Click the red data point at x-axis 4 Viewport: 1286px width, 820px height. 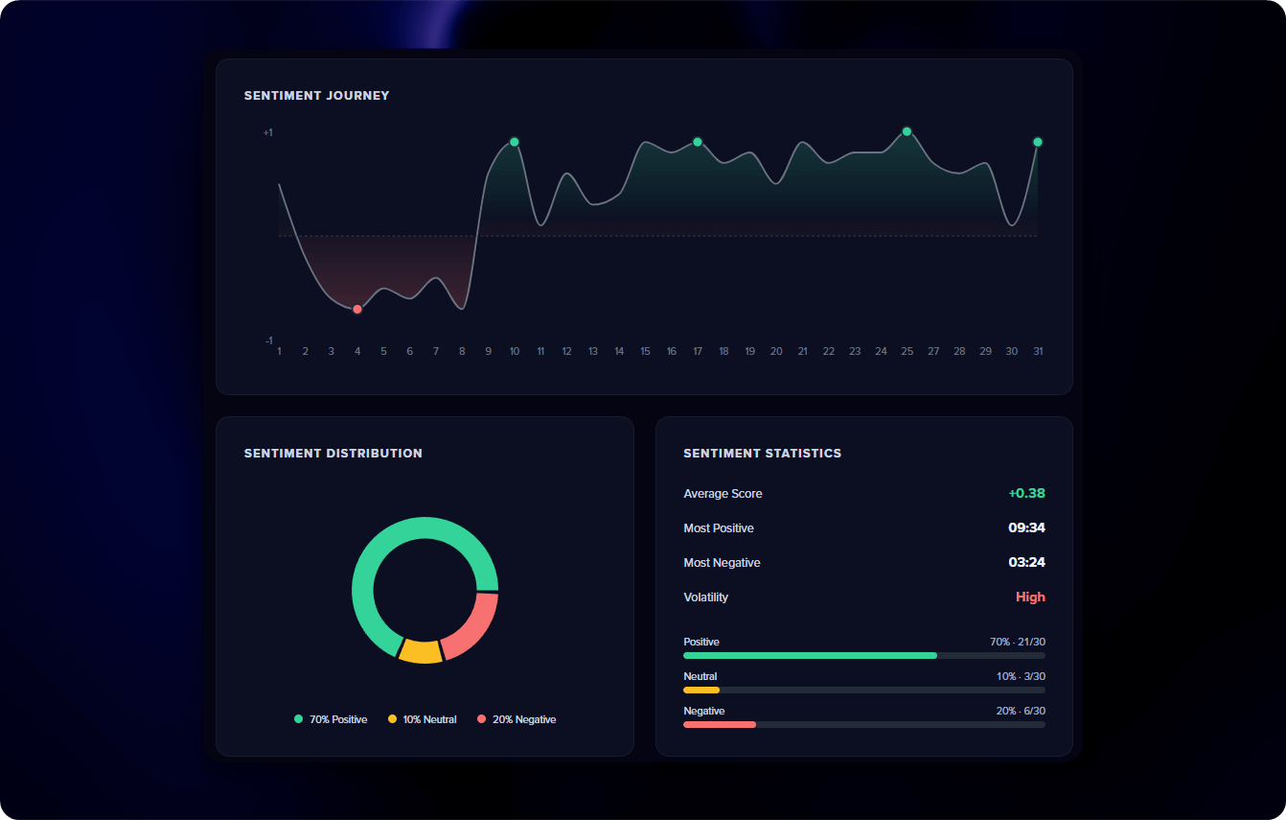pos(357,309)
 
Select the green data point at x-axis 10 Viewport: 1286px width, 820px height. pos(515,142)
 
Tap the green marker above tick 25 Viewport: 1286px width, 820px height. pos(907,131)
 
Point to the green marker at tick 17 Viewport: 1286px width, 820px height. pos(698,142)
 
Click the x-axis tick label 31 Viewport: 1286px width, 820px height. pos(1038,351)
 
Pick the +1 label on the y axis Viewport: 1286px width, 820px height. pos(268,132)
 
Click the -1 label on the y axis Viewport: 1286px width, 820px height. pos(268,340)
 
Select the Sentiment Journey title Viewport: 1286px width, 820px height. pos(317,96)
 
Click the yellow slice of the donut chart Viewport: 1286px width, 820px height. pos(421,651)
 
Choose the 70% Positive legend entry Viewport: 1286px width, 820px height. pos(331,719)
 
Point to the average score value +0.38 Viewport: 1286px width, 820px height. pos(1026,493)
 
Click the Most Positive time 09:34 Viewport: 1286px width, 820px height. pos(1026,527)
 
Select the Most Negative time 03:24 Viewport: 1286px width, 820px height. pos(1026,562)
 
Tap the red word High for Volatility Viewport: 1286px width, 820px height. pos(1030,597)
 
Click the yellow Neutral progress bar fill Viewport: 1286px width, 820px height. pos(700,690)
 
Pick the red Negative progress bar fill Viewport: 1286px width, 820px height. pos(719,724)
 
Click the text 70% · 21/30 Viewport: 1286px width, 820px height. pos(1018,642)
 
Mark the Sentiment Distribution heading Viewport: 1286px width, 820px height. pos(333,453)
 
